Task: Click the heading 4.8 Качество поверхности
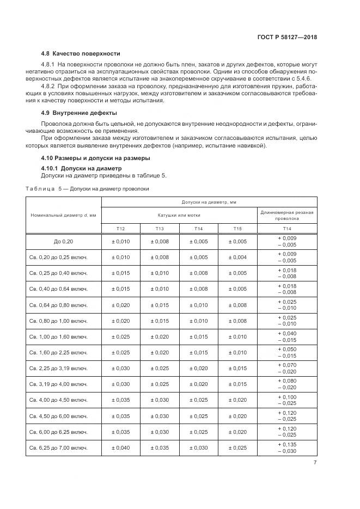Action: (x=81, y=54)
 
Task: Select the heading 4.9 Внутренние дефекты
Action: (x=79, y=113)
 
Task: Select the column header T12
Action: (x=121, y=229)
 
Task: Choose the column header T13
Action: (x=160, y=229)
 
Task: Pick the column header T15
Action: (x=237, y=229)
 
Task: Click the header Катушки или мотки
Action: (x=179, y=215)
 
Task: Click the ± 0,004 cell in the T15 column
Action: (x=237, y=257)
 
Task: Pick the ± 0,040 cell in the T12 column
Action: (x=121, y=447)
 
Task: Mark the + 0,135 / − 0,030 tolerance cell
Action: (x=287, y=447)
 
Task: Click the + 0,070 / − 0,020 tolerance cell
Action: (x=287, y=368)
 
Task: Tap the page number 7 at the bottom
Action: (x=315, y=463)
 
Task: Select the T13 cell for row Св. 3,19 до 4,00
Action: (x=160, y=384)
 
